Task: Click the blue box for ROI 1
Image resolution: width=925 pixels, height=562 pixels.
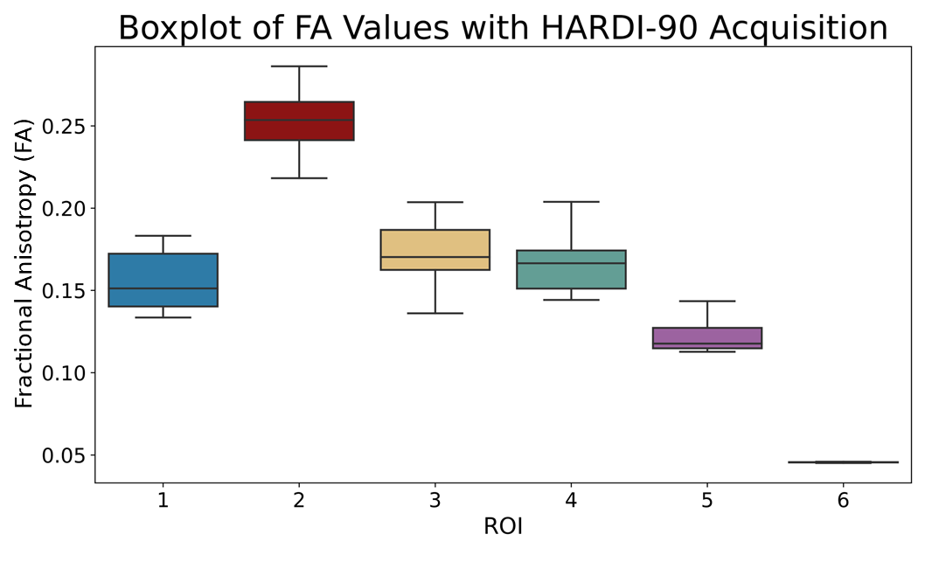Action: point(163,280)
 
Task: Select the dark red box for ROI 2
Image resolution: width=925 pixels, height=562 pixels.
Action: point(299,121)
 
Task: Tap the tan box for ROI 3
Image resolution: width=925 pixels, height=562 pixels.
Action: point(435,249)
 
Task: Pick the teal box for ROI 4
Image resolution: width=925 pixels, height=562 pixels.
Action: point(571,269)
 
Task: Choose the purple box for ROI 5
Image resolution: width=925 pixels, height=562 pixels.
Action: point(706,337)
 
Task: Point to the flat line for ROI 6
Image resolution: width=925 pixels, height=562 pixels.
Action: point(843,461)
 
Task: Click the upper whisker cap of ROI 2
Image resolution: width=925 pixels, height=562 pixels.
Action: point(299,66)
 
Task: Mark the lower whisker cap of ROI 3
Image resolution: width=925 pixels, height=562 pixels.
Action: point(435,313)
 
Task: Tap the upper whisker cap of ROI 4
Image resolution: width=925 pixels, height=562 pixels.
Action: point(571,202)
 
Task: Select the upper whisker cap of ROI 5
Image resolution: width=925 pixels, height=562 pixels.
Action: point(706,301)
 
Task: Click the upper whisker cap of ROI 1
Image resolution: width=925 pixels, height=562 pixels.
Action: point(163,236)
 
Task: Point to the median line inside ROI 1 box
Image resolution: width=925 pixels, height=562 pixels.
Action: point(163,288)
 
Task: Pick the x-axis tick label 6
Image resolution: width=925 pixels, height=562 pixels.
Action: point(843,501)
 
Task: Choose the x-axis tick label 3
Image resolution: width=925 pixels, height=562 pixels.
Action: point(435,501)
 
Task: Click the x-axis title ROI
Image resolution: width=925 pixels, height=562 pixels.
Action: point(503,527)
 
